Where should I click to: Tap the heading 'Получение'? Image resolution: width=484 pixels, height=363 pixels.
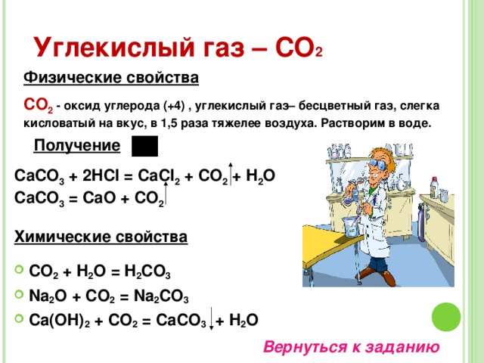[76, 145]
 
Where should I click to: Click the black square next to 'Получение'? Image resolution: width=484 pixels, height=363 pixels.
[145, 147]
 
